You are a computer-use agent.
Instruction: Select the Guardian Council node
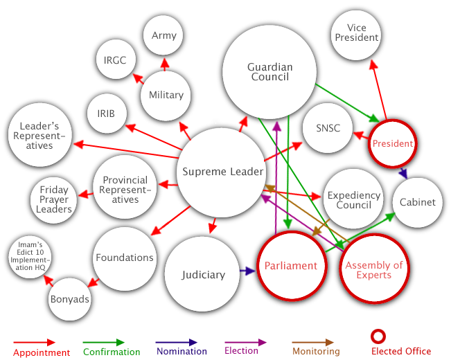click(x=269, y=72)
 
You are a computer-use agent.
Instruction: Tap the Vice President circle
click(x=357, y=33)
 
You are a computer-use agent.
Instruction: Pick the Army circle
click(x=164, y=35)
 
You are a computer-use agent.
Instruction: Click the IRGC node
click(x=115, y=60)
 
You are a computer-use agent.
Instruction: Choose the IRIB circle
click(x=106, y=113)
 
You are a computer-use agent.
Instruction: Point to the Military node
click(x=166, y=95)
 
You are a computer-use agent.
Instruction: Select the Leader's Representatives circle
click(x=39, y=136)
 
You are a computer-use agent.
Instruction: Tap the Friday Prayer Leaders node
click(x=54, y=199)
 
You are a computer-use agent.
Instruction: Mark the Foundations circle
click(x=125, y=258)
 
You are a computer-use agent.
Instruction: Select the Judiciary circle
click(x=203, y=275)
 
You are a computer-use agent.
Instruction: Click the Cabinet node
click(x=418, y=202)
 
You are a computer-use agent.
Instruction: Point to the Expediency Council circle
click(x=353, y=200)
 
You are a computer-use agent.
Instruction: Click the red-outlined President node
click(x=392, y=144)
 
